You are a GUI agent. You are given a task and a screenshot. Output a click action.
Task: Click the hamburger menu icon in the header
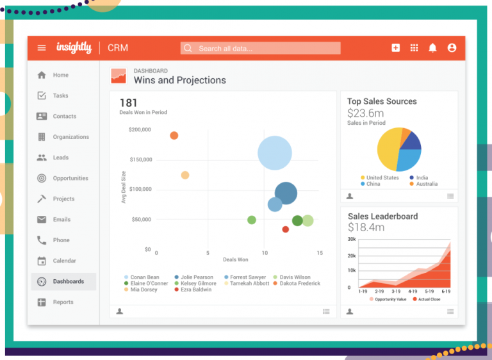pyautogui.click(x=42, y=48)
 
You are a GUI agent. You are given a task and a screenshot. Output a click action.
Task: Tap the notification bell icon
pyautogui.click(x=432, y=48)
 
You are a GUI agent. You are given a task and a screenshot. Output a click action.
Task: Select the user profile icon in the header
pyautogui.click(x=452, y=48)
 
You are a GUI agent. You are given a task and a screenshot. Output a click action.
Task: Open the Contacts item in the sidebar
pyautogui.click(x=64, y=117)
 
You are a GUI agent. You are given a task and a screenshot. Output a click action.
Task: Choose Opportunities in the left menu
pyautogui.click(x=70, y=178)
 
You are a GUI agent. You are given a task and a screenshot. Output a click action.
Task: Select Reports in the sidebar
pyautogui.click(x=63, y=302)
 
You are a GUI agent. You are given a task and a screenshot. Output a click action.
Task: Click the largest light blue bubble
pyautogui.click(x=275, y=153)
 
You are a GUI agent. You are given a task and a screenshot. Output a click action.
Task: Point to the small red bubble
pyautogui.click(x=286, y=229)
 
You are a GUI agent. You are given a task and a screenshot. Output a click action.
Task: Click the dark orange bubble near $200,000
pyautogui.click(x=174, y=135)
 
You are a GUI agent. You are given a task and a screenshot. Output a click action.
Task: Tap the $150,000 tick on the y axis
pyautogui.click(x=140, y=160)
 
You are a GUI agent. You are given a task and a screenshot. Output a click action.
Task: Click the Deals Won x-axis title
pyautogui.click(x=235, y=260)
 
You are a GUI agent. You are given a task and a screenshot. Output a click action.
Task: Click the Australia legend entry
pyautogui.click(x=426, y=184)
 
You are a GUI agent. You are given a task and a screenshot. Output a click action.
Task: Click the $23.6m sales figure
pyautogui.click(x=366, y=113)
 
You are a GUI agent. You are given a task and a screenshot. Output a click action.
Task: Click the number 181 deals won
pyautogui.click(x=129, y=102)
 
